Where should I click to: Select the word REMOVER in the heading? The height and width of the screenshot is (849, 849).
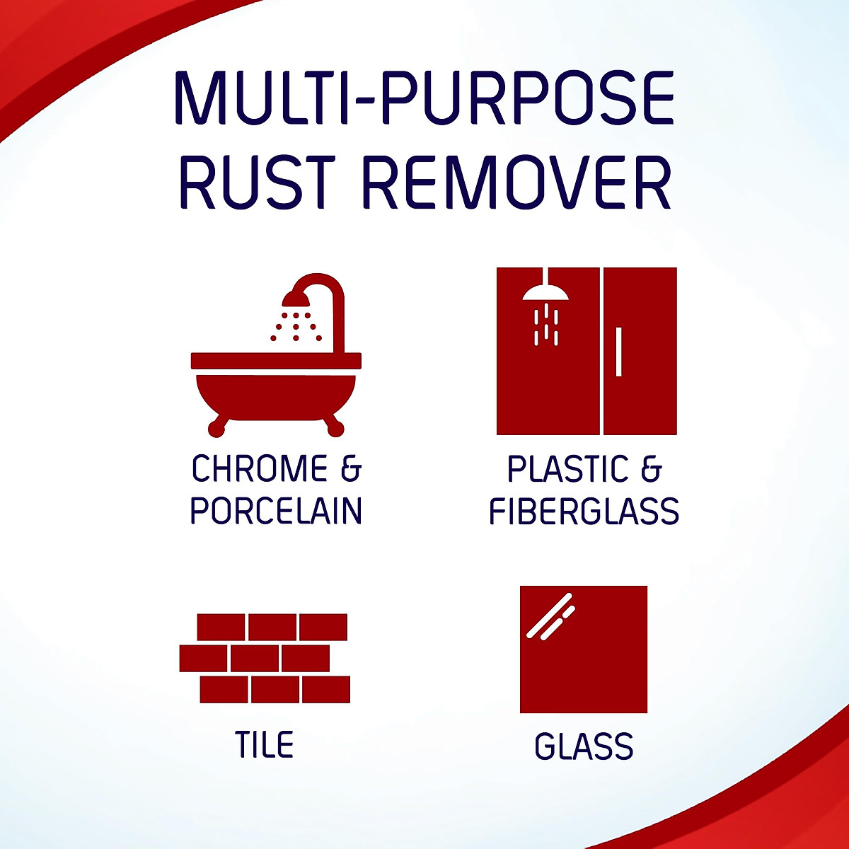click(x=516, y=183)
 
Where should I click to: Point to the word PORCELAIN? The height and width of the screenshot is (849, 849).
click(x=276, y=511)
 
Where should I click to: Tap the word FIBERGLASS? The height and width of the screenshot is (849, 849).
click(x=584, y=512)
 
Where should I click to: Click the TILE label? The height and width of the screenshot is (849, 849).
click(x=264, y=745)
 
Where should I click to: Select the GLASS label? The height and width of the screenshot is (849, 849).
click(x=584, y=746)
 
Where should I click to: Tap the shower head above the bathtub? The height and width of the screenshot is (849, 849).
click(x=296, y=299)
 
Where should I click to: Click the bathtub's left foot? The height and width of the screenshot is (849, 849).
click(x=216, y=427)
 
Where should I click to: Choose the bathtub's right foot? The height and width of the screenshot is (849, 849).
click(x=337, y=427)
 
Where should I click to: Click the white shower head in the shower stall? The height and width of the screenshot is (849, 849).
click(x=545, y=291)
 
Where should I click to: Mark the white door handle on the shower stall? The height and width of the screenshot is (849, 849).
click(x=619, y=352)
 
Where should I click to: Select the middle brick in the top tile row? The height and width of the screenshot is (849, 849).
click(x=272, y=627)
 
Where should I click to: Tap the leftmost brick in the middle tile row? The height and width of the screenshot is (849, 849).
click(x=204, y=658)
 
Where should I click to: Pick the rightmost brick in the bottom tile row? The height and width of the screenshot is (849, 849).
click(x=326, y=689)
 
